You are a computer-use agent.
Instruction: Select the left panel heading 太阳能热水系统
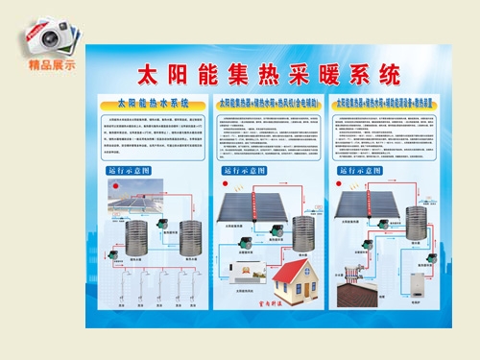click(153, 101)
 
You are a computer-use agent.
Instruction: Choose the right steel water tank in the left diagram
click(183, 246)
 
